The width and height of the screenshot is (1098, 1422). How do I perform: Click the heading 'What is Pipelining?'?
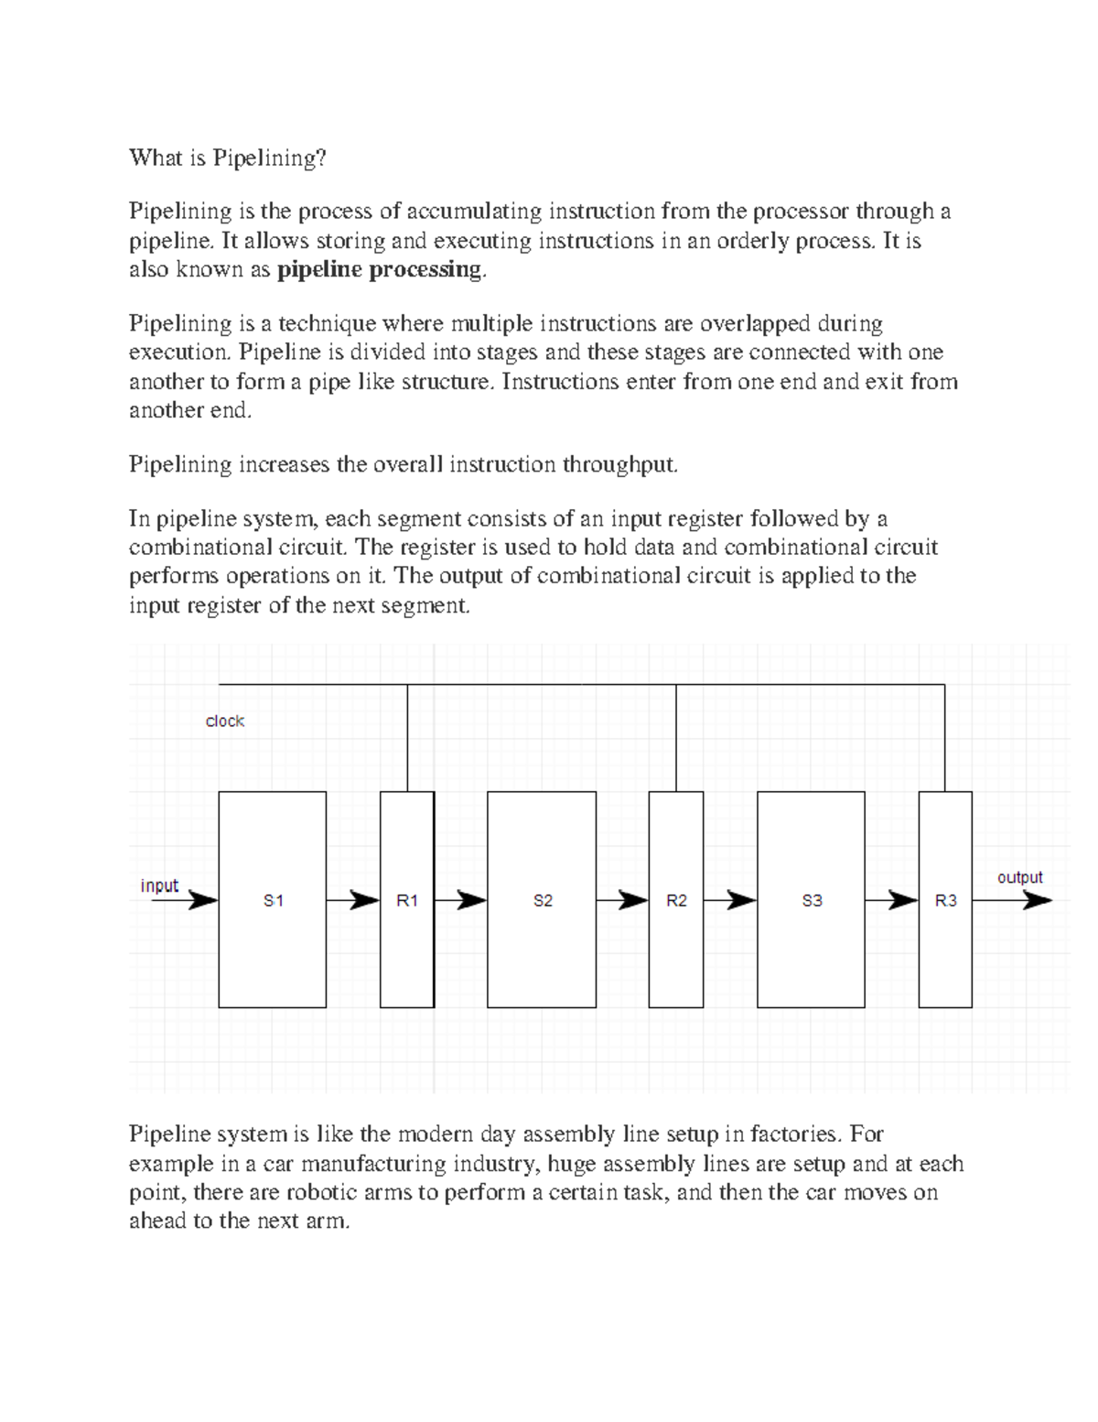pos(228,158)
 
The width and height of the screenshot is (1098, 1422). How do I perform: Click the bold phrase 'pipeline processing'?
pos(379,269)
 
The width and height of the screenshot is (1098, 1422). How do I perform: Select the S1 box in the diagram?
pos(273,900)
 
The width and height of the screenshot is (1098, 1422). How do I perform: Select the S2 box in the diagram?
pos(542,900)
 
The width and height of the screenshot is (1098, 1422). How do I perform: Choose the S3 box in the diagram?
pos(811,900)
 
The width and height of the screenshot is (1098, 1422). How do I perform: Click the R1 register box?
pos(407,900)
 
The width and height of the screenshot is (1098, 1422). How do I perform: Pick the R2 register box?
pos(676,900)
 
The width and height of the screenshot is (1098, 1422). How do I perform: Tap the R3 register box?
pos(945,900)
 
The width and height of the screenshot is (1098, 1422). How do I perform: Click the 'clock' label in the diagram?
pos(224,722)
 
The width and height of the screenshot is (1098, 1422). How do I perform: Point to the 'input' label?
pos(159,885)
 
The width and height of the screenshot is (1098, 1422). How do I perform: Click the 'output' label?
pos(1019,877)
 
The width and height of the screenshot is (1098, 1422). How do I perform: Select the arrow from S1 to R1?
pos(353,900)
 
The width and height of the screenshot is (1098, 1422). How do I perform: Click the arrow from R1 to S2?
pos(460,900)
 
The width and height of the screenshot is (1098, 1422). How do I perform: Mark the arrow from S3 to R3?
pos(891,900)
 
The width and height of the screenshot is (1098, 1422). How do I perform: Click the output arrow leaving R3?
pos(1011,900)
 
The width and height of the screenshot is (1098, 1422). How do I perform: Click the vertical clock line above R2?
pos(676,737)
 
